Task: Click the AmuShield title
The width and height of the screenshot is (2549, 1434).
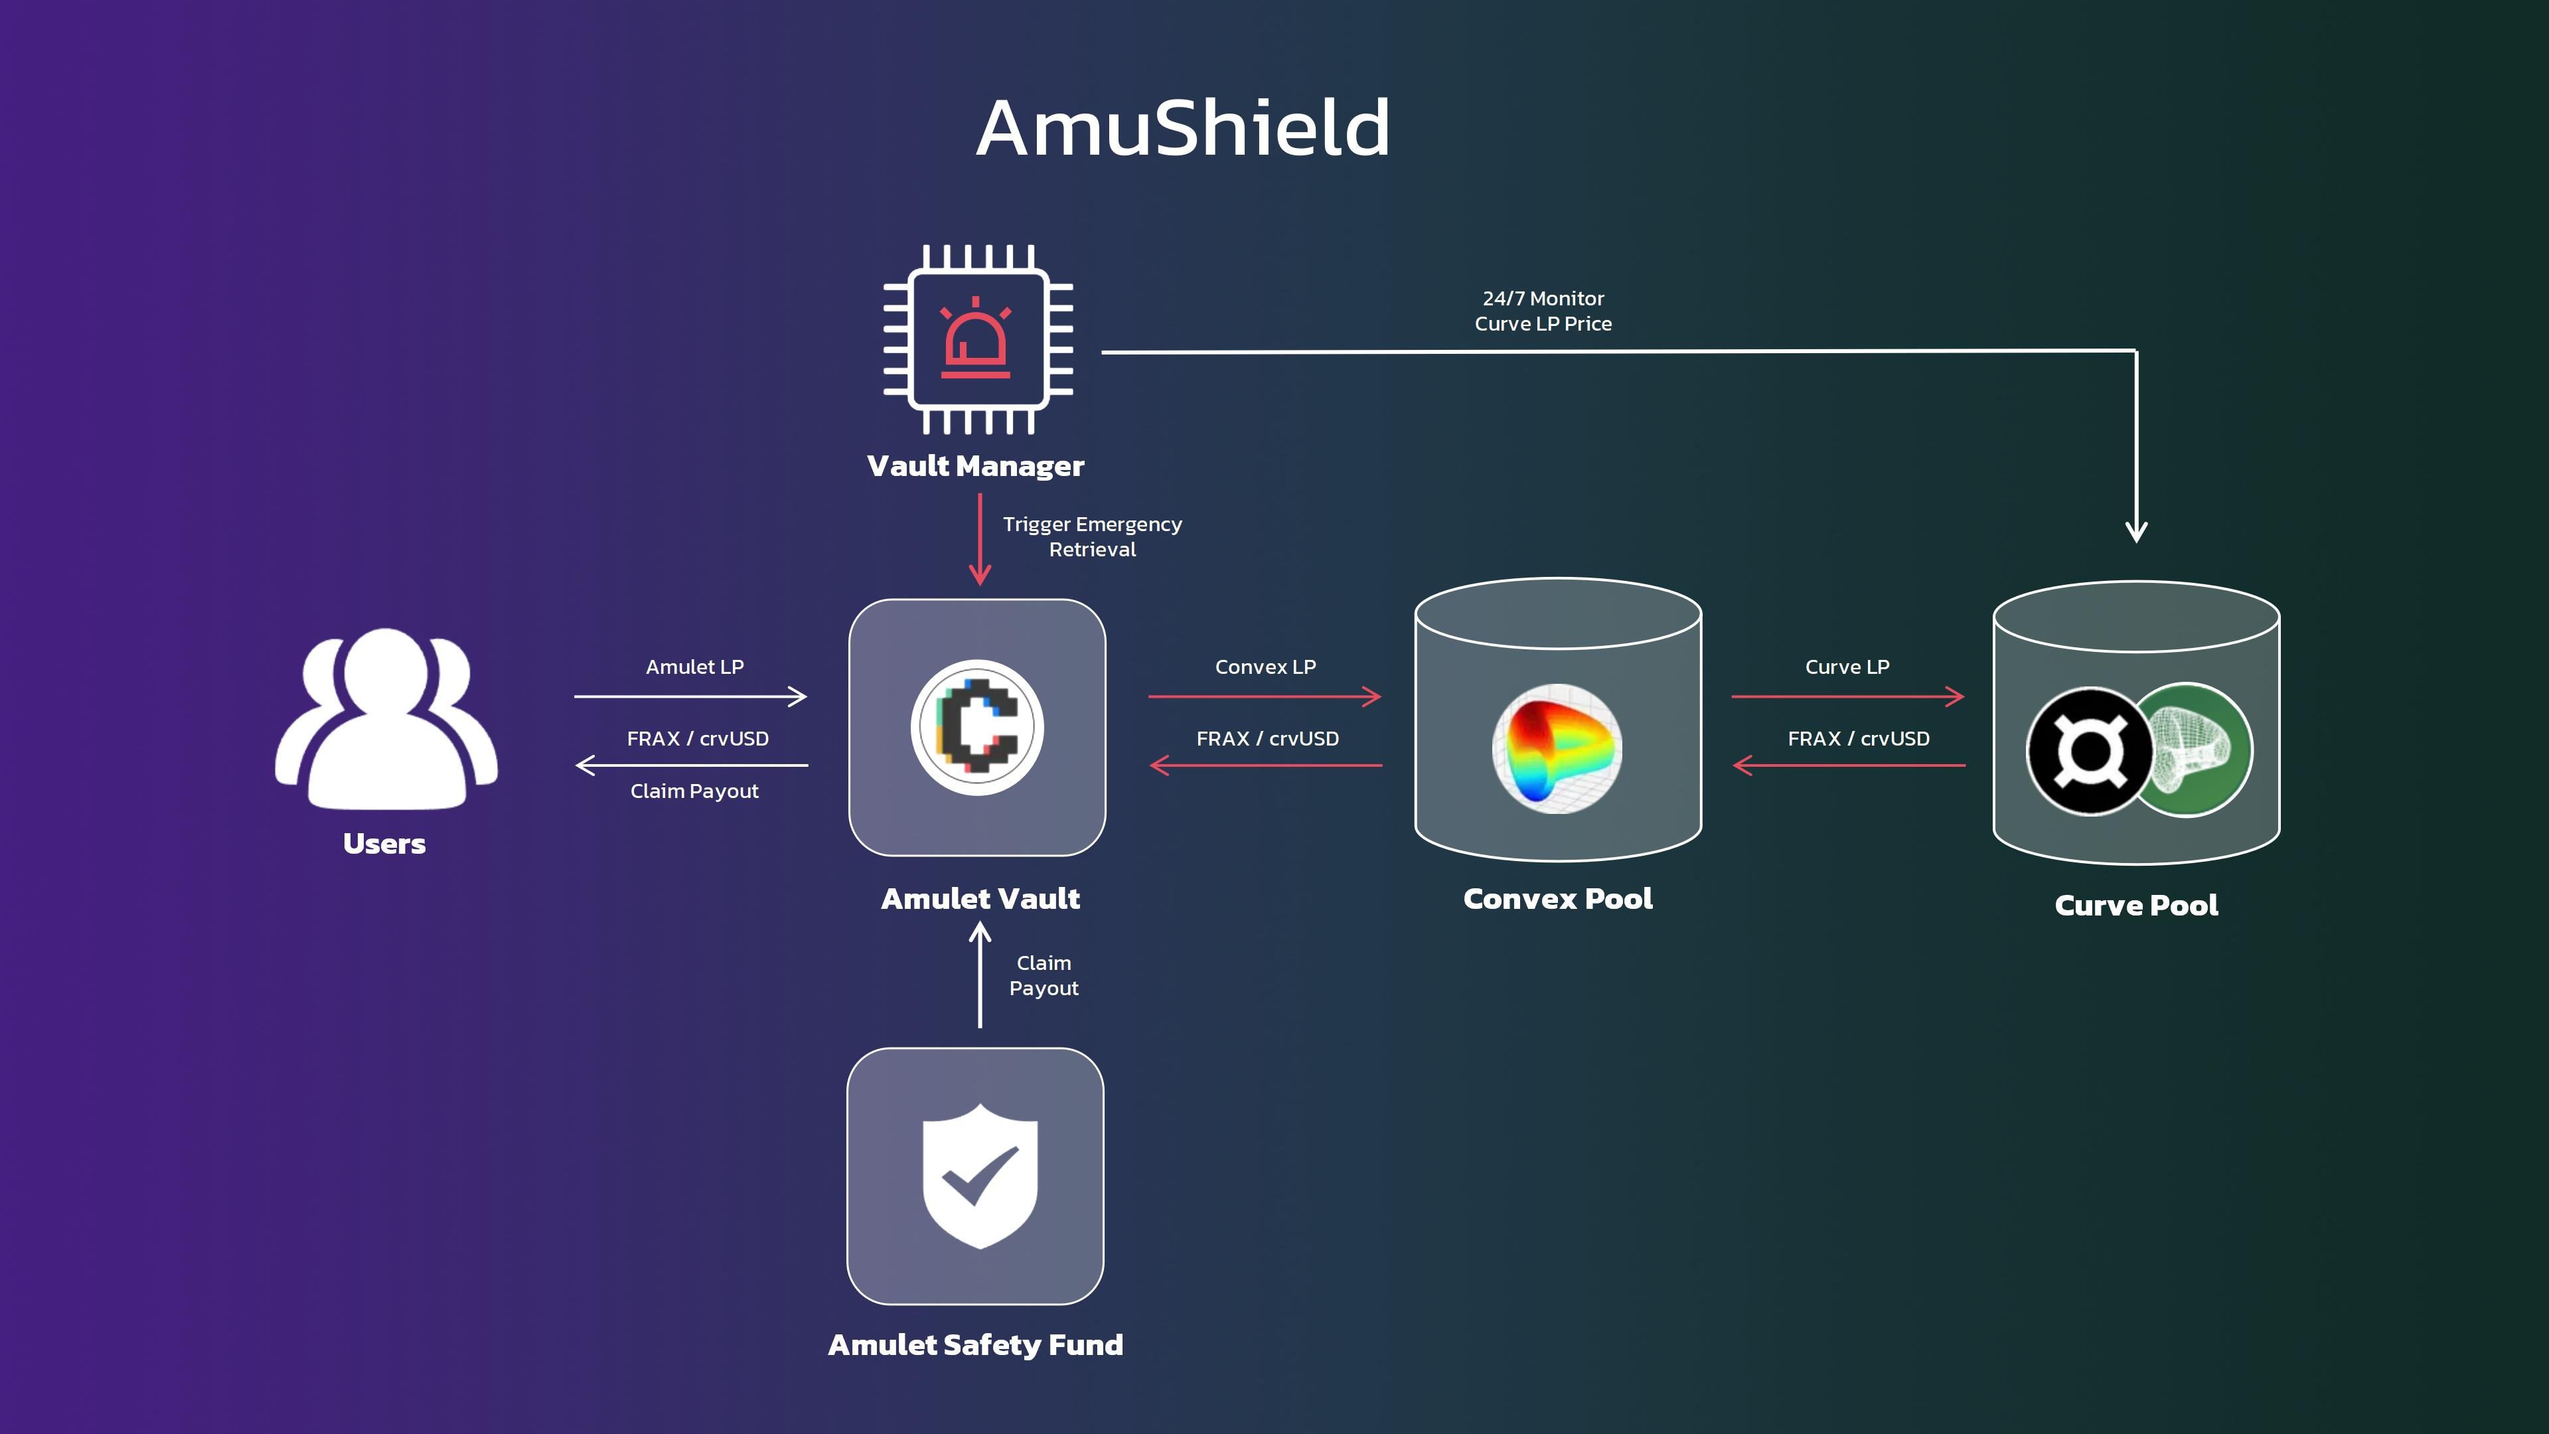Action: click(x=1184, y=129)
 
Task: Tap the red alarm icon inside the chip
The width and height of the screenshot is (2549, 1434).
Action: click(x=976, y=339)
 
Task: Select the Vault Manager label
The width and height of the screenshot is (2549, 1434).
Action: click(x=976, y=466)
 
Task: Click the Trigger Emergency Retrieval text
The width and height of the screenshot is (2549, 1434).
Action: click(x=1093, y=536)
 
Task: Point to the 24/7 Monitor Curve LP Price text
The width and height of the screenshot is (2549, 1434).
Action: click(x=1543, y=311)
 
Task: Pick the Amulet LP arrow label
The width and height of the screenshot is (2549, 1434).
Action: click(x=694, y=667)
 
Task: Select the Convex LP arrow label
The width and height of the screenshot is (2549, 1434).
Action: click(x=1266, y=667)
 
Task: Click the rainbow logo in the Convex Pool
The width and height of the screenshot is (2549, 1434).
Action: click(x=1557, y=748)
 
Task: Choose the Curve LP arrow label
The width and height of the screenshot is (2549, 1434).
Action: click(x=1847, y=667)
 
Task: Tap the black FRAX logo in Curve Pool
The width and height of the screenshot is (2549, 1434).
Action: click(x=2090, y=751)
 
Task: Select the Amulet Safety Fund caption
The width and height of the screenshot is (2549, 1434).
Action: click(x=976, y=1345)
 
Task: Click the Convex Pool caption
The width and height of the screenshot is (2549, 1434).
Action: click(x=1557, y=899)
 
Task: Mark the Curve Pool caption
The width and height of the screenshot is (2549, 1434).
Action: click(x=2136, y=906)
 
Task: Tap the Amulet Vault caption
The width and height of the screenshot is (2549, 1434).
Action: click(x=980, y=899)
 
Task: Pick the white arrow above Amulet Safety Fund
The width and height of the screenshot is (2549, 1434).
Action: click(x=980, y=975)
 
